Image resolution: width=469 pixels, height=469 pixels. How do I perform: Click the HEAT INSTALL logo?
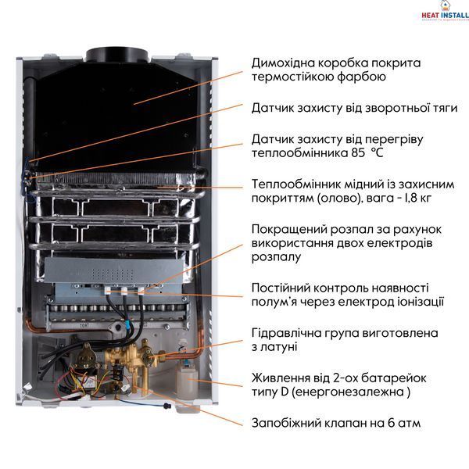446,12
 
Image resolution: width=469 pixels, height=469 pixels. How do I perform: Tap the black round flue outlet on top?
118,55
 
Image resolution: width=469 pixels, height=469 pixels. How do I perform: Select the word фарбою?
361,77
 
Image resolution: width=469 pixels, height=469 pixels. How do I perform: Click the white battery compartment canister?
188,382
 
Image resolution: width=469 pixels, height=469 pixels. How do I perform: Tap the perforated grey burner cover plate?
113,271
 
